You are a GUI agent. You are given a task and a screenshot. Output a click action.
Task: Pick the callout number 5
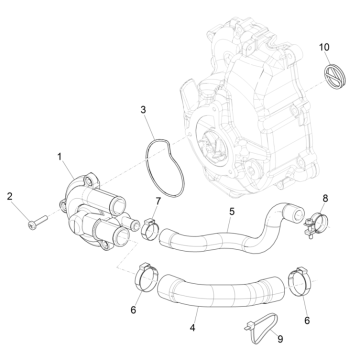coord(232,212)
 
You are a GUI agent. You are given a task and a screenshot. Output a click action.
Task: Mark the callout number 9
coord(279,339)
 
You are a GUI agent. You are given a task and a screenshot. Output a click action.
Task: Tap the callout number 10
coord(323,48)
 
